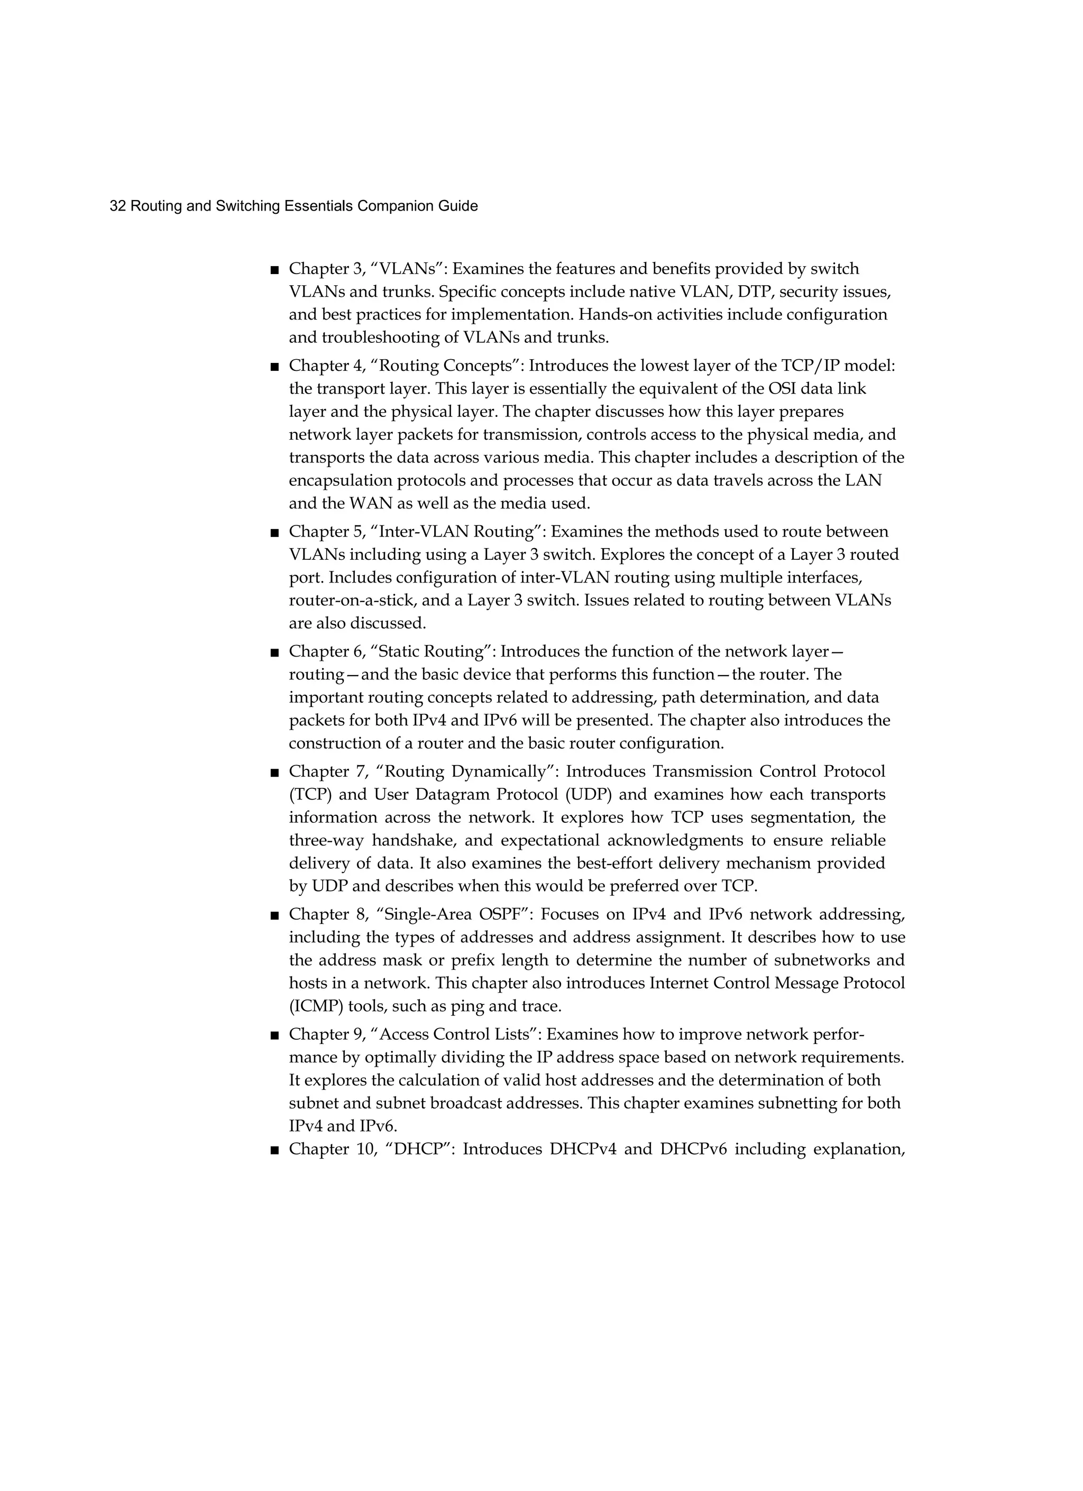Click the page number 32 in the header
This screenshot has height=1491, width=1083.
(x=117, y=206)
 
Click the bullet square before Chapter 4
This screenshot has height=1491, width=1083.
(x=274, y=366)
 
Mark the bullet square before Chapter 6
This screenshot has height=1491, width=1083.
(x=274, y=652)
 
